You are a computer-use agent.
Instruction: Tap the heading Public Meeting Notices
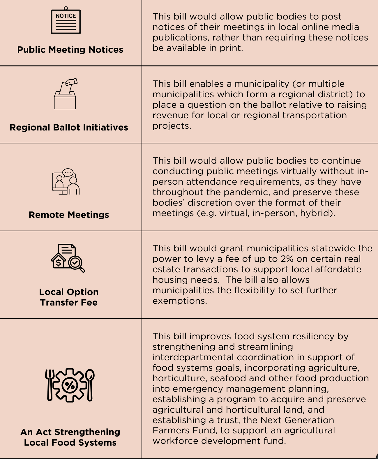pyautogui.click(x=70, y=50)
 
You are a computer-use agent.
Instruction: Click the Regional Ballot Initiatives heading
pyautogui.click(x=69, y=128)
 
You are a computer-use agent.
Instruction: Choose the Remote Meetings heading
pyautogui.click(x=69, y=215)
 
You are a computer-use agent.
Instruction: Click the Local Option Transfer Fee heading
pyautogui.click(x=69, y=297)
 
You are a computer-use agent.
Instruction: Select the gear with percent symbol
pyautogui.click(x=70, y=385)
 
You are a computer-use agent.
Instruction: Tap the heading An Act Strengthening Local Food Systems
pyautogui.click(x=70, y=437)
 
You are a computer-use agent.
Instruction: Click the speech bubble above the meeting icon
pyautogui.click(x=68, y=173)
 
